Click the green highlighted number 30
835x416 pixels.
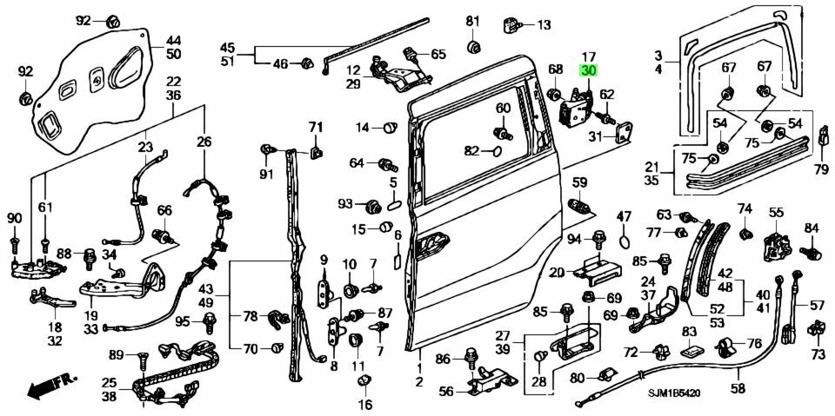(x=588, y=72)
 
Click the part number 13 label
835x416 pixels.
(x=544, y=24)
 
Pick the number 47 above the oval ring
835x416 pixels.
(x=624, y=215)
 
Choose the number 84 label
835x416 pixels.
(x=811, y=228)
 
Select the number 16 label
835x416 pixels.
(x=364, y=405)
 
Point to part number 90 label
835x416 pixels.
(x=14, y=216)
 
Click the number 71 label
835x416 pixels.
(x=314, y=129)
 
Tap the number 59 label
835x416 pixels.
(x=579, y=182)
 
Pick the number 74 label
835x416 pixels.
(x=745, y=208)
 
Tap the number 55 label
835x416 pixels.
(x=776, y=211)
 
